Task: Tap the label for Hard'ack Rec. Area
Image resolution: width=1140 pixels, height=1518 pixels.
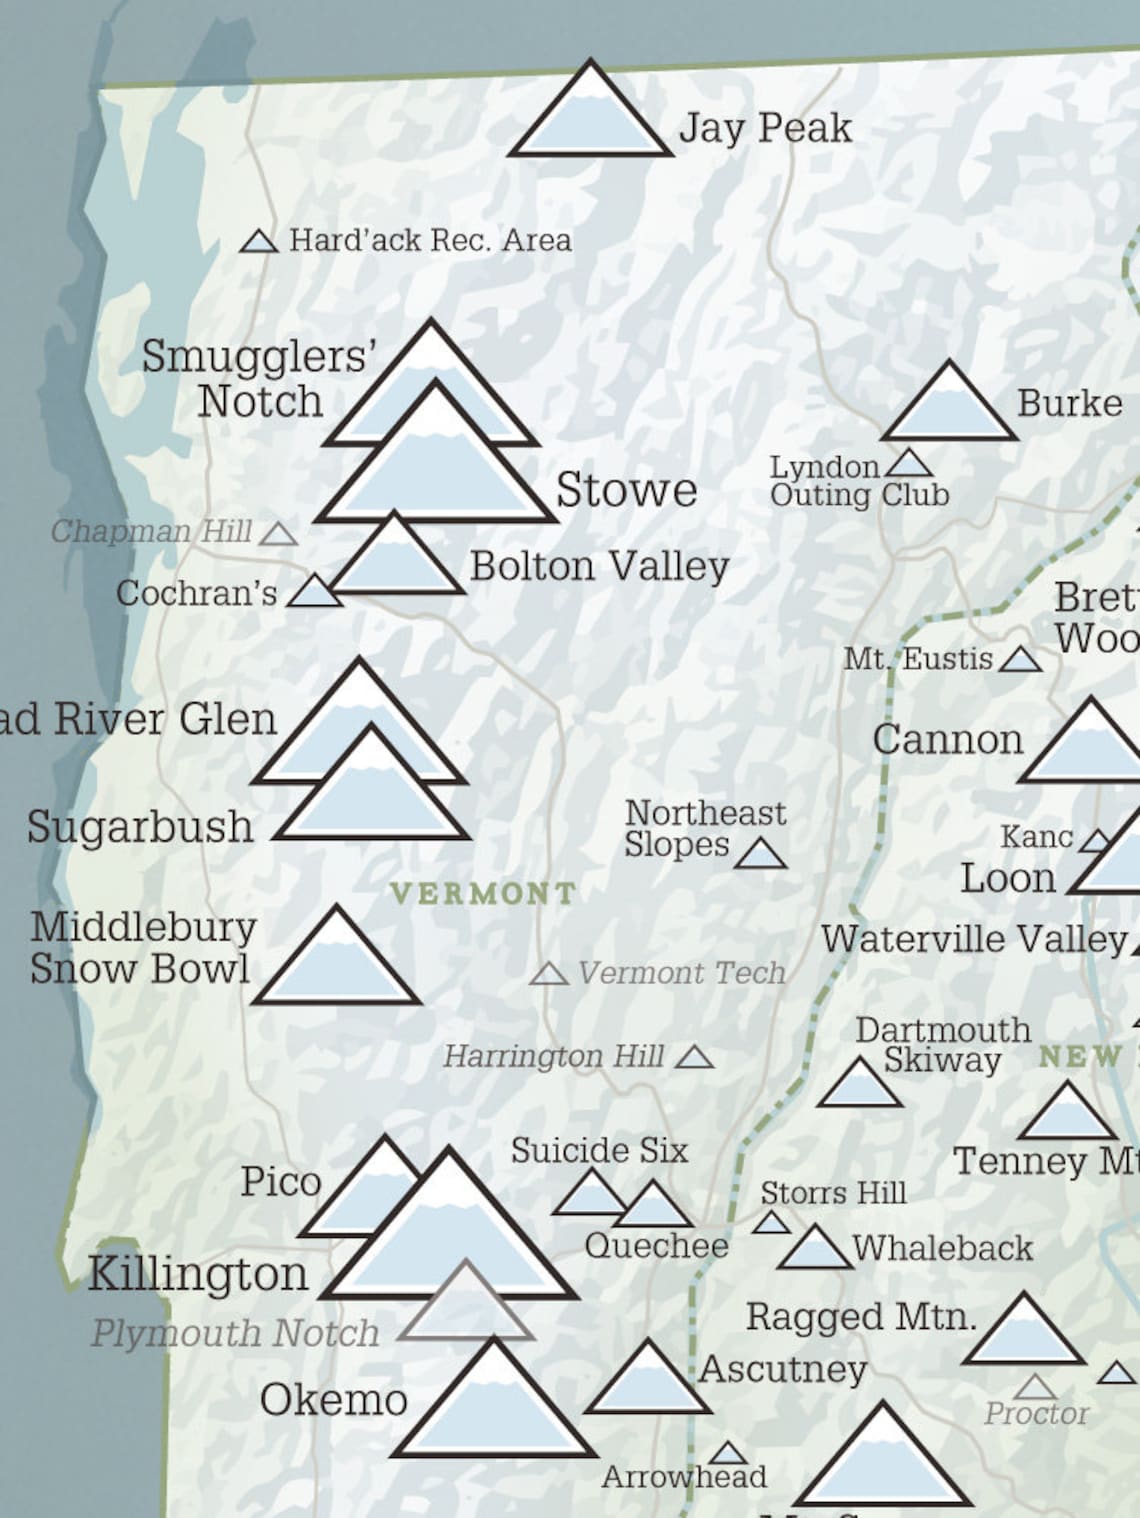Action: pyautogui.click(x=430, y=240)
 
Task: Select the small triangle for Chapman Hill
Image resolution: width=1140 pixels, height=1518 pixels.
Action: pyautogui.click(x=279, y=535)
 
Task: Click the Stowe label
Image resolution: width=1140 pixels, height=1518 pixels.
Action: pyautogui.click(x=626, y=490)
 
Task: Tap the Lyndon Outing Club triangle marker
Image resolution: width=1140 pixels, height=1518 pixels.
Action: pyautogui.click(x=909, y=465)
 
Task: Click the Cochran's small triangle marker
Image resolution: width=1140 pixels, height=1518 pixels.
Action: pyautogui.click(x=315, y=592)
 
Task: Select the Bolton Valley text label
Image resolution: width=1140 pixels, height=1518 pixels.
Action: pyautogui.click(x=599, y=566)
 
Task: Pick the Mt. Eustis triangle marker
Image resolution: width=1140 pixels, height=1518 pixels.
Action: pyautogui.click(x=1020, y=660)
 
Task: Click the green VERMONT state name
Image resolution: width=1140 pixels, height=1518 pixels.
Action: pyautogui.click(x=483, y=893)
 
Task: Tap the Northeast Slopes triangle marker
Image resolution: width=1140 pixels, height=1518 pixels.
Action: pyautogui.click(x=761, y=855)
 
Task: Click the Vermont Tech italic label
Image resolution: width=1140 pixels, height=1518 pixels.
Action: pyautogui.click(x=682, y=972)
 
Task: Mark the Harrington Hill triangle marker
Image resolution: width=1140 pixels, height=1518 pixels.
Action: pyautogui.click(x=694, y=1058)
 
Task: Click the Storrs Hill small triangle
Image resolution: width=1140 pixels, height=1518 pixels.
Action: pyautogui.click(x=771, y=1223)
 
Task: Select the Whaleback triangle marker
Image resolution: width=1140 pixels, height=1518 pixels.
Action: pyautogui.click(x=815, y=1251)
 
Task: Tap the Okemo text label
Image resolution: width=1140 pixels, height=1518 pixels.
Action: pyautogui.click(x=334, y=1399)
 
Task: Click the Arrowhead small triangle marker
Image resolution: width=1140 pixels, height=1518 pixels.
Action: pyautogui.click(x=728, y=1454)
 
